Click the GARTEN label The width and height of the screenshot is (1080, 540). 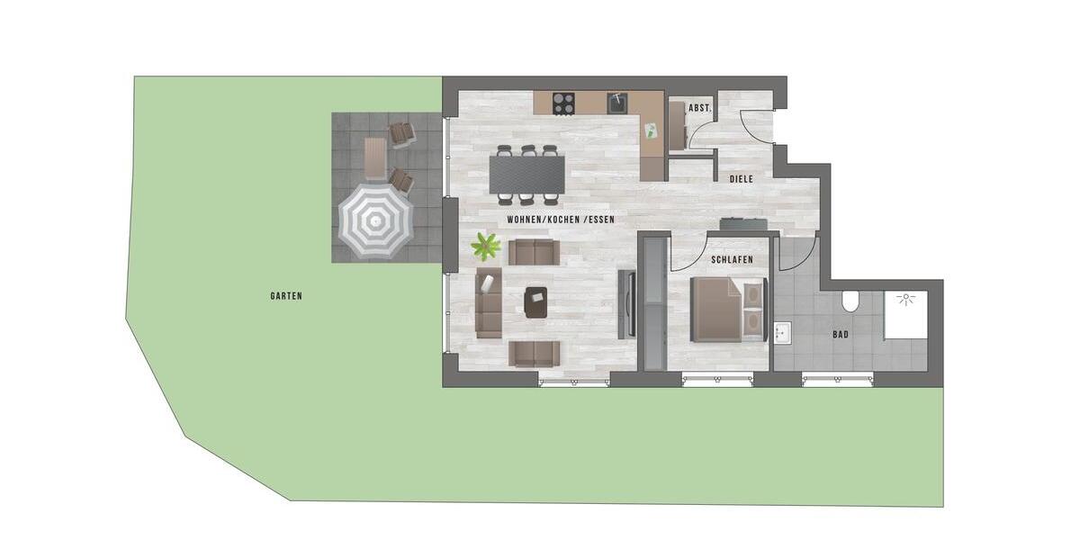point(285,295)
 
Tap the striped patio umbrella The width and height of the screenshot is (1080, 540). point(375,220)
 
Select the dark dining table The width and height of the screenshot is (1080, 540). point(527,174)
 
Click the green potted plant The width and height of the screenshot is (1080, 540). point(487,244)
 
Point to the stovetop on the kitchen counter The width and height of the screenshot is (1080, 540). point(564,103)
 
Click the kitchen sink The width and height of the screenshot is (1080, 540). point(618,103)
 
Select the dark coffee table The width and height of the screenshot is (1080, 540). point(536,302)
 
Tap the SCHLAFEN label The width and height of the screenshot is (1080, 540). point(732,259)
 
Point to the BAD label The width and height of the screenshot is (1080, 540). point(841,335)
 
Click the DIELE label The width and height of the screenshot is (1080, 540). point(741,179)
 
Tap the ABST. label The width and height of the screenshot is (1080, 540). point(699,108)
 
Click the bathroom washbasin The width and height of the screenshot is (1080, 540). point(781,334)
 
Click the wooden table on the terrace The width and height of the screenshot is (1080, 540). point(375,158)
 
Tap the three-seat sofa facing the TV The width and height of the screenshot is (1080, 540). point(489,301)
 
